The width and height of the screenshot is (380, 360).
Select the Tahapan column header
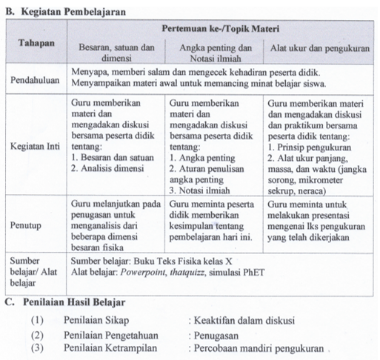point(36,43)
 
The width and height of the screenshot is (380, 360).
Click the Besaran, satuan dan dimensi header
point(116,52)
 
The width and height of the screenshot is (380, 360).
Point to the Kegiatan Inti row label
point(36,146)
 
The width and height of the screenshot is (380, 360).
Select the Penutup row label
point(26,222)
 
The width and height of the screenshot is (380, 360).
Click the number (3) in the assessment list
point(38,347)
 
